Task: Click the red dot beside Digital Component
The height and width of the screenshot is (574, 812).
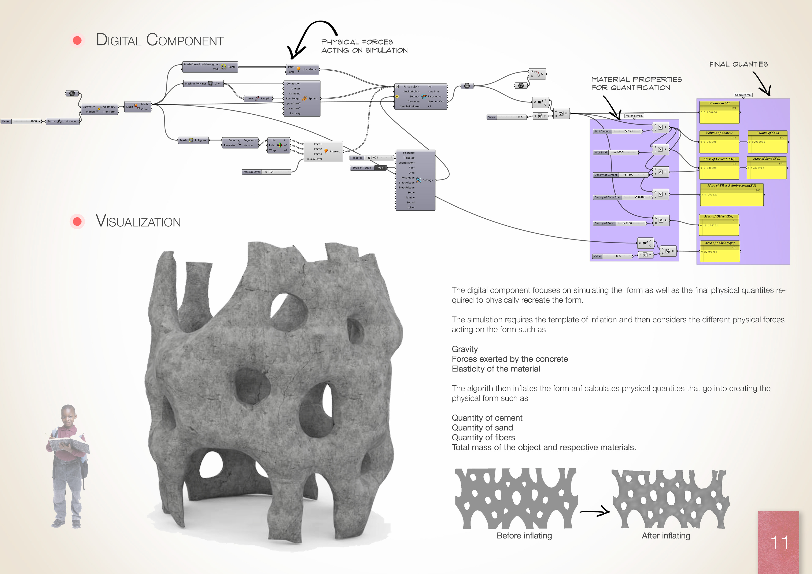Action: tap(77, 40)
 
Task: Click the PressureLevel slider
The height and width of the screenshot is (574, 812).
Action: tap(266, 172)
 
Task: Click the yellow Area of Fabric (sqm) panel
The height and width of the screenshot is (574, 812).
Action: tap(719, 251)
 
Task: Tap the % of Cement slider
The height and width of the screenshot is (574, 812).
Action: tap(617, 131)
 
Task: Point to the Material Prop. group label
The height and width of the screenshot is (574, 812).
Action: tap(634, 116)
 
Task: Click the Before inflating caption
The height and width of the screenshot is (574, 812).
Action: tap(524, 536)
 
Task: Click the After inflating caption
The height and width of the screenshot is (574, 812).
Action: tap(666, 536)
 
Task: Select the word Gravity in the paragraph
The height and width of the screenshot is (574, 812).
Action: tap(464, 349)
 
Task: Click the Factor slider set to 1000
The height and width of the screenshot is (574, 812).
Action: tap(21, 121)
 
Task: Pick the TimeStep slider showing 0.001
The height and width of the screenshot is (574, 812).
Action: tap(372, 158)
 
